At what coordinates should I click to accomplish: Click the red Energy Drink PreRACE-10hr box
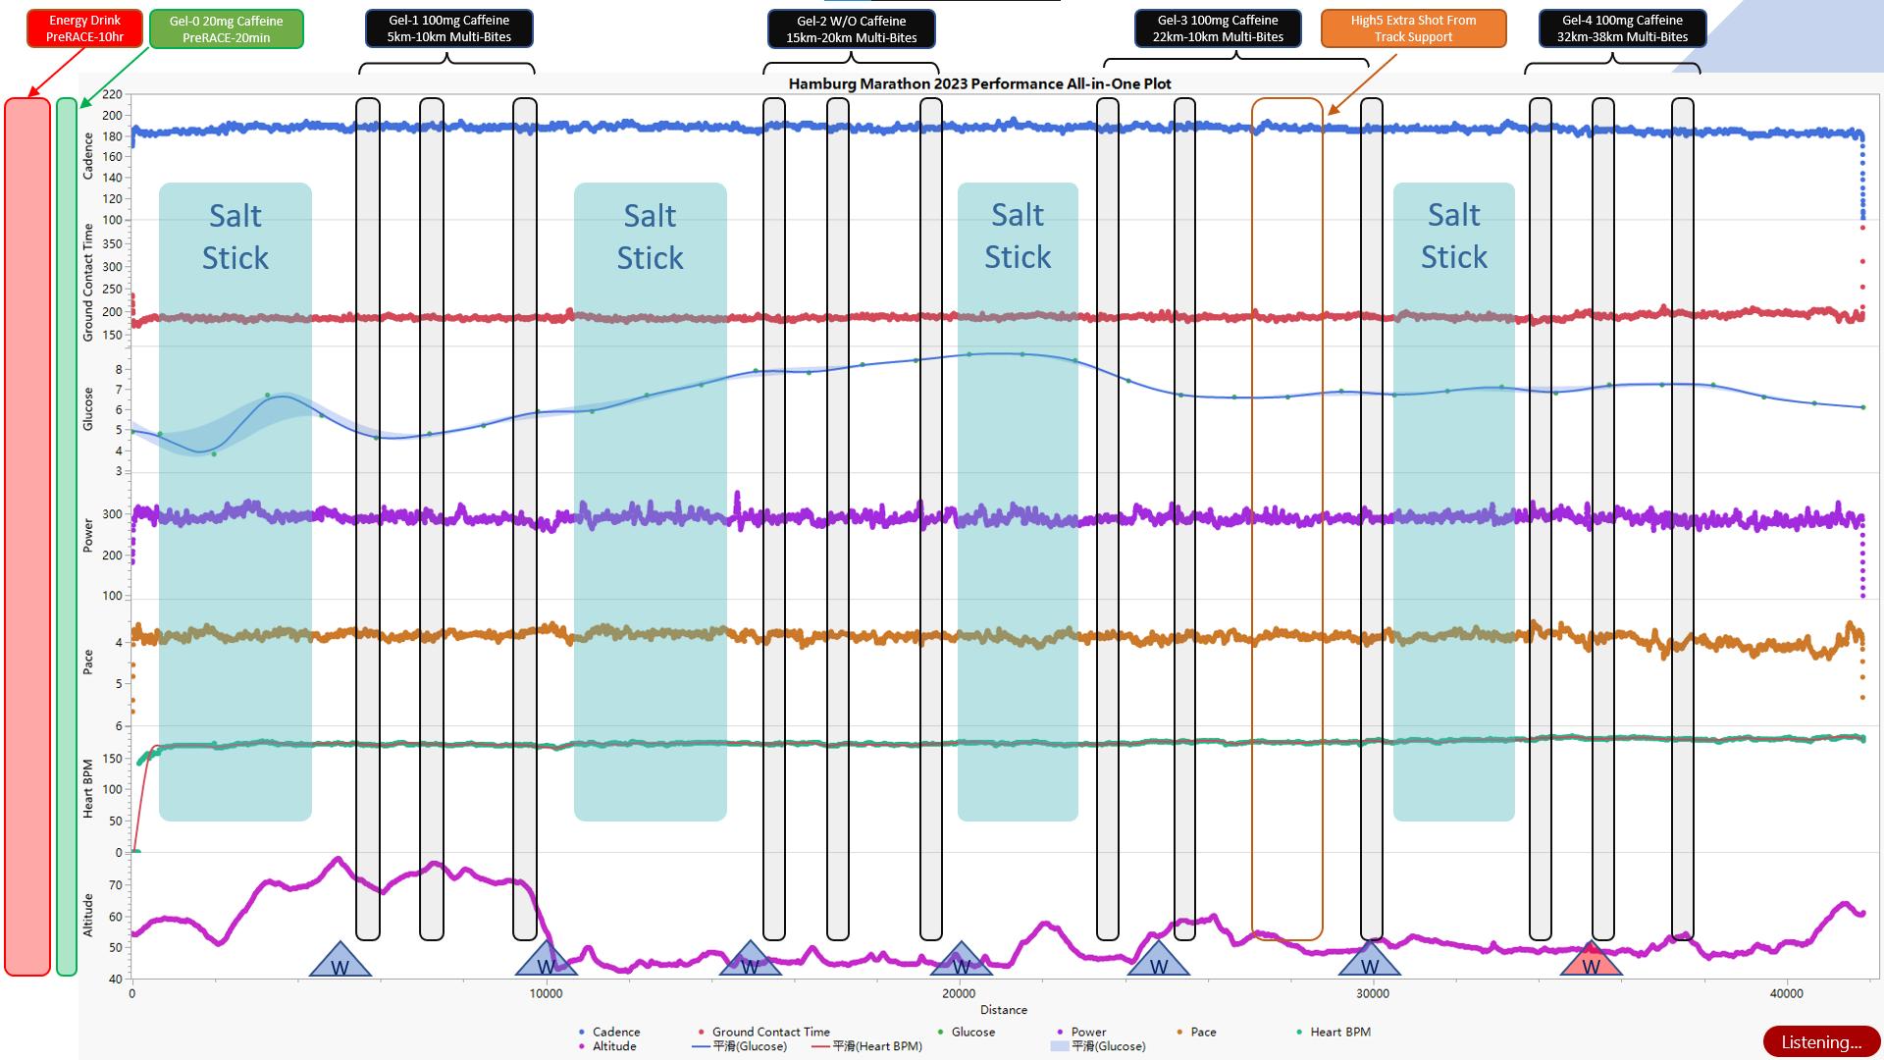click(x=84, y=28)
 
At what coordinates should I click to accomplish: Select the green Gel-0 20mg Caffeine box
click(x=226, y=29)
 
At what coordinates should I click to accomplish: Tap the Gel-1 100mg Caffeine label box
click(x=448, y=28)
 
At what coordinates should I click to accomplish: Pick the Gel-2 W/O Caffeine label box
click(x=851, y=29)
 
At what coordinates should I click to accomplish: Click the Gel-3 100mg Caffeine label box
click(x=1218, y=28)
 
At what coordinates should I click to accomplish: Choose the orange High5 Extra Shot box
click(x=1413, y=28)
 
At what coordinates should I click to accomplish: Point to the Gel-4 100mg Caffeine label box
click(x=1622, y=28)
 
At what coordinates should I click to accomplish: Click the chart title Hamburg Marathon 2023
click(x=979, y=83)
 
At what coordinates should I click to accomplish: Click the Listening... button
click(x=1820, y=1042)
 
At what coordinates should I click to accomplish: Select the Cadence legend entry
click(x=615, y=1032)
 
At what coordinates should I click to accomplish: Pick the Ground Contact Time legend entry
click(x=770, y=1032)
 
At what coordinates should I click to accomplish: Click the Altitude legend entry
click(x=613, y=1046)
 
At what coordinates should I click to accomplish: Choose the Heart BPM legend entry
click(x=1339, y=1032)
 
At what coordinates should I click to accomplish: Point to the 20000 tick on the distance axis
click(x=959, y=993)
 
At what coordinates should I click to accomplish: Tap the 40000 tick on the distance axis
click(x=1786, y=993)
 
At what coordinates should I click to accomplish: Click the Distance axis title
click(x=1003, y=1010)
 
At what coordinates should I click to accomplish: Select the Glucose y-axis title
click(x=87, y=408)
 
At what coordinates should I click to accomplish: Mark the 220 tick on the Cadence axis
click(x=112, y=95)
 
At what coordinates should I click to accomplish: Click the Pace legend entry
click(x=1202, y=1032)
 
